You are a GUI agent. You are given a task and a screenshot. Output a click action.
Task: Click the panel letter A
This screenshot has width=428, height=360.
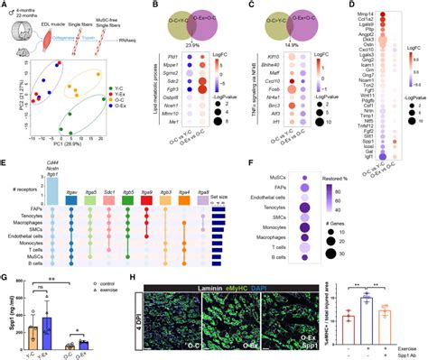point(5,5)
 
